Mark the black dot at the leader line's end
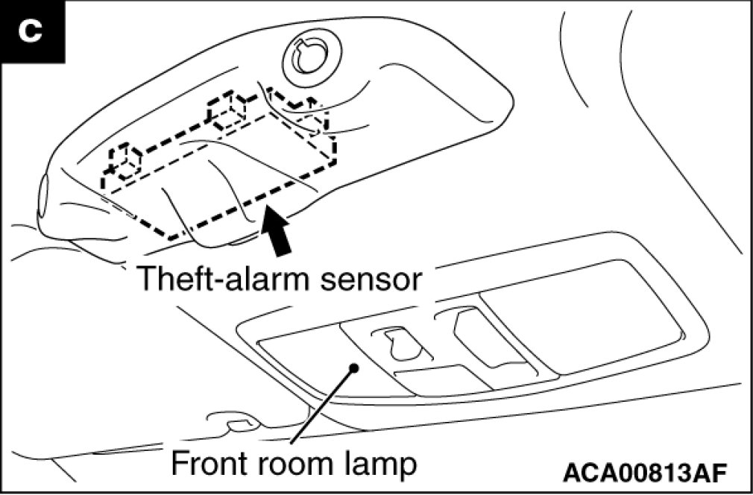pos(356,366)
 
